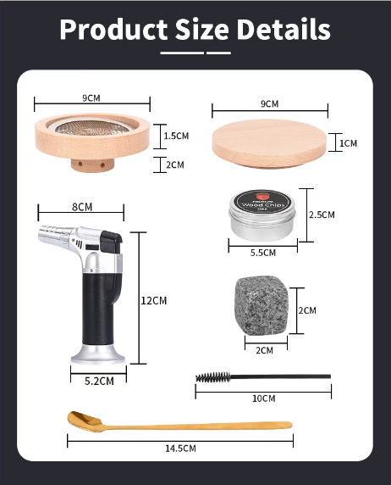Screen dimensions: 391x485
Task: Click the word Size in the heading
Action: [202, 29]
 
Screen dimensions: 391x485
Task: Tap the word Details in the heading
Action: [284, 29]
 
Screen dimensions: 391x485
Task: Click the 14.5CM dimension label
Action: [180, 449]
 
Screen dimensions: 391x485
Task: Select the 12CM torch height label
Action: [154, 300]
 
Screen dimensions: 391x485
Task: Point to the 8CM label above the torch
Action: [82, 207]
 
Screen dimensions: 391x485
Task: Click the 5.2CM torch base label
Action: [99, 381]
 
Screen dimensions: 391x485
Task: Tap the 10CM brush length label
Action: [264, 398]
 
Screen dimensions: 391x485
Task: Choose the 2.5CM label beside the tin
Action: [322, 215]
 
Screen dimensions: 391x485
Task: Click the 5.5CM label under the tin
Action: [263, 253]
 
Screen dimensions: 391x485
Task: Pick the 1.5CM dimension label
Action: [176, 136]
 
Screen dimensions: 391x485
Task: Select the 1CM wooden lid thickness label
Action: [349, 143]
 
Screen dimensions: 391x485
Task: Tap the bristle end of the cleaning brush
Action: [213, 377]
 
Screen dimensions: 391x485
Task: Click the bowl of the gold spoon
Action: [85, 421]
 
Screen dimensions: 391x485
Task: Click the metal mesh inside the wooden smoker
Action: [92, 127]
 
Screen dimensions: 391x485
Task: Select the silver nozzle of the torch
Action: [55, 234]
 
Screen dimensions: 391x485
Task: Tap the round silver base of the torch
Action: [98, 354]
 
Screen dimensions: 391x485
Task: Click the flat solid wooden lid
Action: [269, 143]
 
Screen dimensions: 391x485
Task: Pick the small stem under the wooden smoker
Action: [92, 164]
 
